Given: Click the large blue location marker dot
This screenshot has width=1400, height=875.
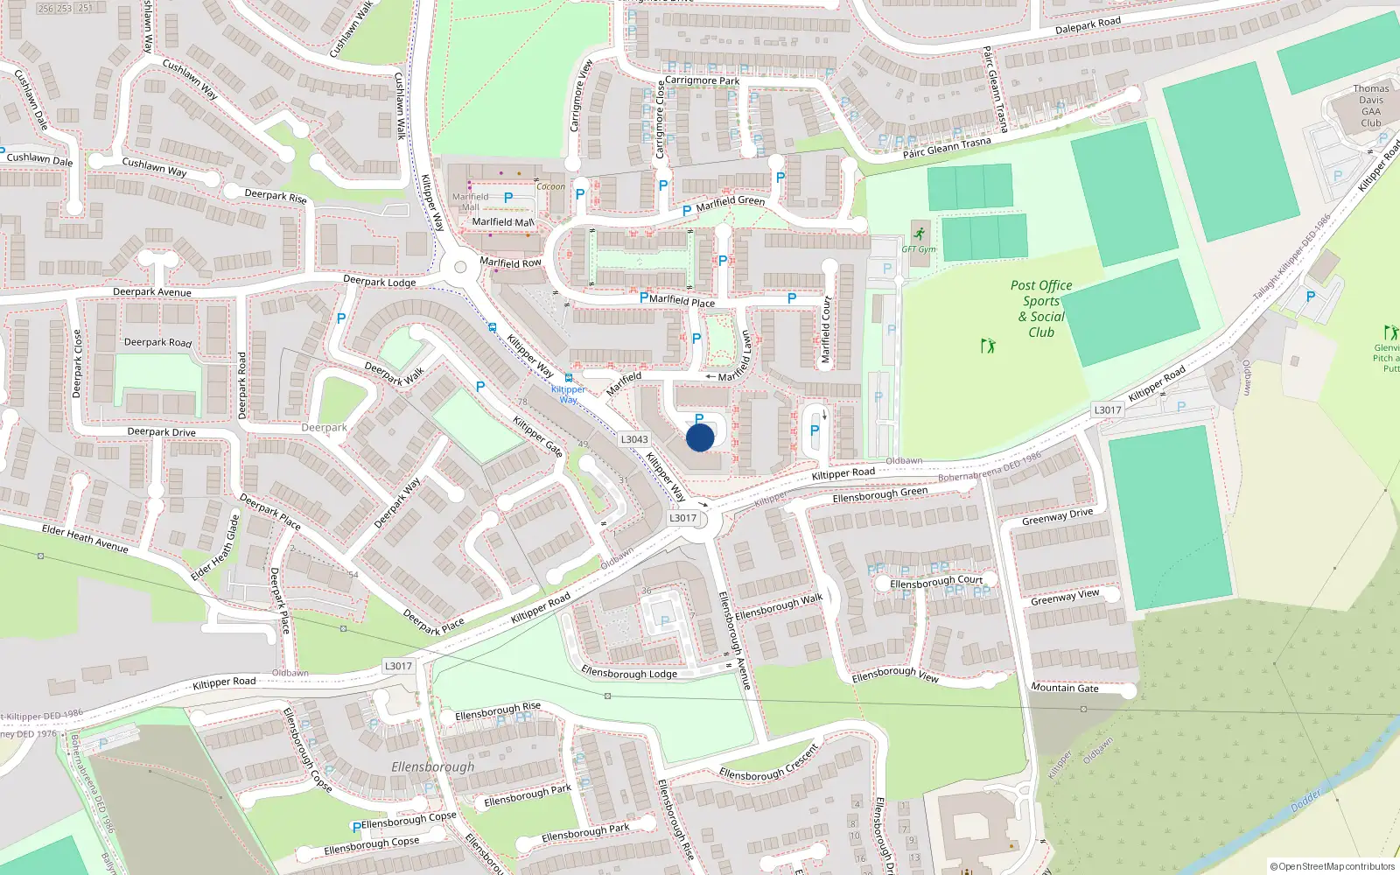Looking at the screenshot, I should tap(700, 437).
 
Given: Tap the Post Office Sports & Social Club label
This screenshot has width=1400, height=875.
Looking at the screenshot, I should tap(1041, 309).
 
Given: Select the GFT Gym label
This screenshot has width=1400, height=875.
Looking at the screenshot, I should tap(919, 249).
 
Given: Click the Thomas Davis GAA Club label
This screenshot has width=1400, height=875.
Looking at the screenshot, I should tap(1370, 106).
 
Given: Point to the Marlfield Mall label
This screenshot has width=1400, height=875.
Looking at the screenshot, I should tap(502, 222).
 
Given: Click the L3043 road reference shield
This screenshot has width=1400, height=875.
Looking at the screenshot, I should tap(634, 439).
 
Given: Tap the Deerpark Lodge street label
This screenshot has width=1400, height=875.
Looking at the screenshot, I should tap(379, 282).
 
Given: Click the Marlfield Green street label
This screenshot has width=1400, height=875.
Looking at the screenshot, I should tap(730, 202).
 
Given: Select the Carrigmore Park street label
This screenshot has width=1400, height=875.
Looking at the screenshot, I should tap(702, 80).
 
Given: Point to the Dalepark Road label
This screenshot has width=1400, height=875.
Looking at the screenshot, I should tap(1088, 26).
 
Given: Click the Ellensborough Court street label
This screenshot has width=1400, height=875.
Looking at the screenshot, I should tap(936, 581).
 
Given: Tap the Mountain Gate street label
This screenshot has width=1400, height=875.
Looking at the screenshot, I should tap(1064, 688).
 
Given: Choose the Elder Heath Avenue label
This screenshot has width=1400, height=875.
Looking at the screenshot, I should tap(85, 539).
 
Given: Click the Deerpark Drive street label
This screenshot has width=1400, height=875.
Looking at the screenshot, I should tap(161, 431).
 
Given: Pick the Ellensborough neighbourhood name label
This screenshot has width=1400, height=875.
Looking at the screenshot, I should tap(432, 766).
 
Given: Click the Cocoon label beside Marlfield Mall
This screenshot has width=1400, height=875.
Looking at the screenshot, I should tap(550, 186).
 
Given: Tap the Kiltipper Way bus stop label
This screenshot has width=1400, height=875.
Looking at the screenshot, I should tap(569, 394).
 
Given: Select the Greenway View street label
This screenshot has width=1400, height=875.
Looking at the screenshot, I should tap(1065, 598).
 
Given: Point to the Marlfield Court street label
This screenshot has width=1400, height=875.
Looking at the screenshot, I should tap(826, 330).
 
